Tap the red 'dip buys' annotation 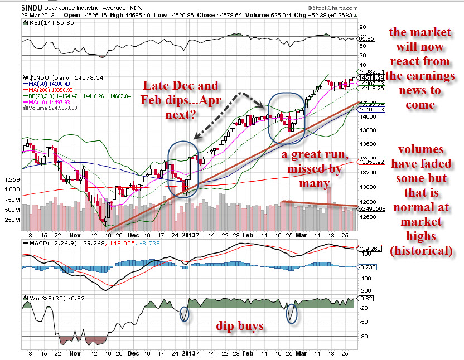(x=240, y=326)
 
